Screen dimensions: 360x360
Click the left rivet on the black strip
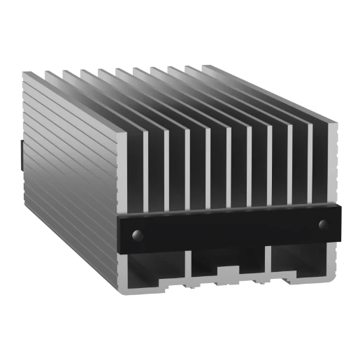pyautogui.click(x=137, y=233)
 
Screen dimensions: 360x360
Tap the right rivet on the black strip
pyautogui.click(x=323, y=224)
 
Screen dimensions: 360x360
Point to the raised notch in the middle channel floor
pyautogui.click(x=228, y=271)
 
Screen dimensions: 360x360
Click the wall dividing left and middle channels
pyautogui.click(x=188, y=269)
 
